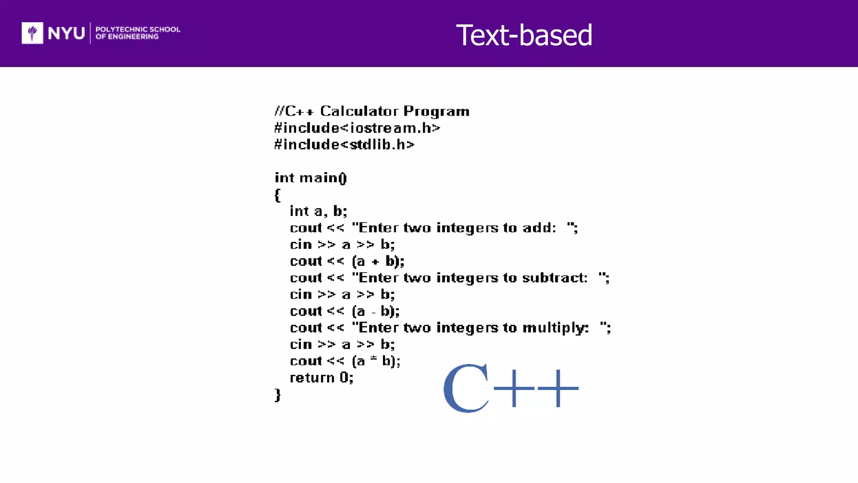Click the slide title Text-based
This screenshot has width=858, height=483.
click(x=524, y=35)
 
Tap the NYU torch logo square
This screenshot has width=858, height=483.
click(x=32, y=33)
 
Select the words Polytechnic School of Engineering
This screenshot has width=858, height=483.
click(x=137, y=33)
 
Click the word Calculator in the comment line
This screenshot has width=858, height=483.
click(x=359, y=111)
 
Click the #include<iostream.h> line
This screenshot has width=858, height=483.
click(x=357, y=128)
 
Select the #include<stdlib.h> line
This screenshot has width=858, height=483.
click(x=344, y=145)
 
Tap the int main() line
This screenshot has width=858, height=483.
click(x=310, y=178)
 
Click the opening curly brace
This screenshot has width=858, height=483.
click(x=277, y=195)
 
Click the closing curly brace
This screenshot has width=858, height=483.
click(x=277, y=395)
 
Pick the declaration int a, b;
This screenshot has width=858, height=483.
click(x=318, y=211)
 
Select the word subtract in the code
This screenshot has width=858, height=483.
click(x=555, y=278)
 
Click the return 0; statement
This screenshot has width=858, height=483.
click(x=321, y=378)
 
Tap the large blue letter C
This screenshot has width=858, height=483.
click(x=466, y=388)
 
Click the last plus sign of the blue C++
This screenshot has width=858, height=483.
click(x=558, y=388)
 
